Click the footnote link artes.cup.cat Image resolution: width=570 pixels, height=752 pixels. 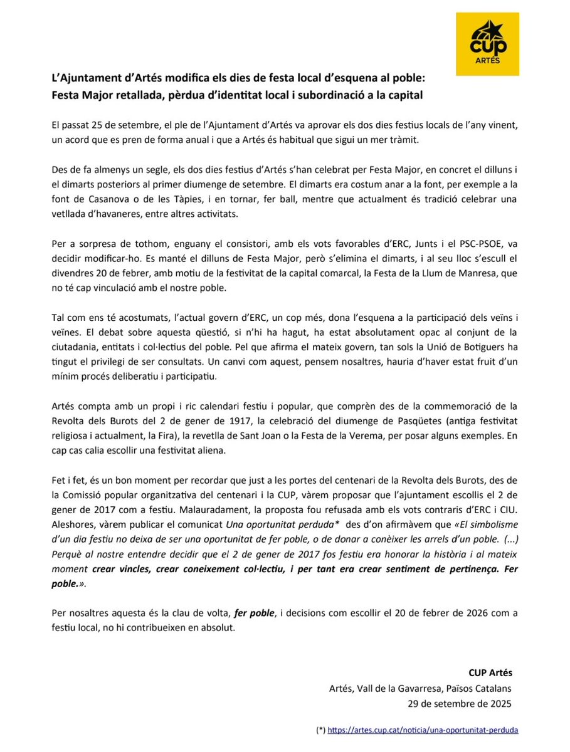coord(423,730)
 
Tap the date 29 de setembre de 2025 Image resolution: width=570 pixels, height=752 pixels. coord(460,703)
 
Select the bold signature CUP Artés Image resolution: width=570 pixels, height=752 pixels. coord(490,673)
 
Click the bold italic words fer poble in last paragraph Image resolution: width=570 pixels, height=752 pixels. coord(255,612)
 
